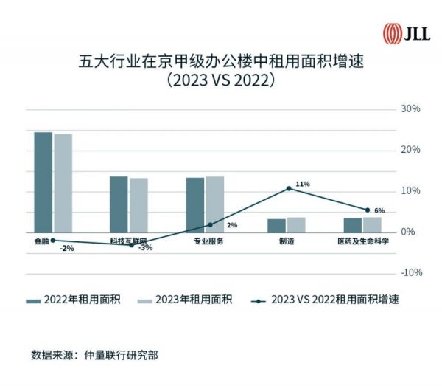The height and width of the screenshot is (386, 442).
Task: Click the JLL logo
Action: pos(406,33)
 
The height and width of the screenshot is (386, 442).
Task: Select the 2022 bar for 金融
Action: pos(43,182)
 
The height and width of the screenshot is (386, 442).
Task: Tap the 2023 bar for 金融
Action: pos(63,183)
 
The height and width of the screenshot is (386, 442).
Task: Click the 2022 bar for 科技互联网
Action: pos(119,204)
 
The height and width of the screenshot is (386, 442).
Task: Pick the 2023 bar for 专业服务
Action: pos(214,204)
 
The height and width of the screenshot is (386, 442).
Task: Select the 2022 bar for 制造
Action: pos(276,225)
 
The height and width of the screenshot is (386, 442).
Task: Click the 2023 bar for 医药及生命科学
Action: pos(372,224)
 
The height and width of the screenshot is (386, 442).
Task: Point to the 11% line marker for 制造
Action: pos(289,188)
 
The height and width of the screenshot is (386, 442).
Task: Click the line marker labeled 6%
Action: pos(368,210)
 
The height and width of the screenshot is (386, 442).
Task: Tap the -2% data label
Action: pos(66,249)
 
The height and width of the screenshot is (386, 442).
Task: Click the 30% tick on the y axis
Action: pos(410,109)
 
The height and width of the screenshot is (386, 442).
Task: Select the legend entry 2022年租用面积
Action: pos(74,300)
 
